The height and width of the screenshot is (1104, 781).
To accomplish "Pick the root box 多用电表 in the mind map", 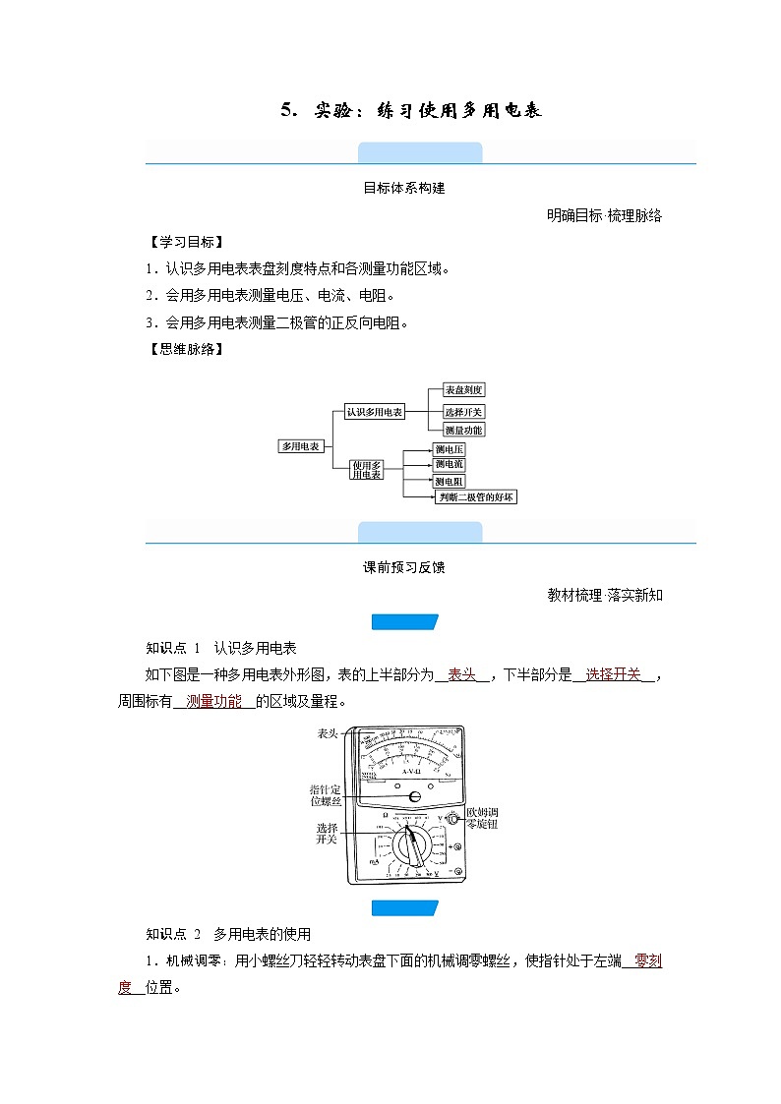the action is (x=301, y=445).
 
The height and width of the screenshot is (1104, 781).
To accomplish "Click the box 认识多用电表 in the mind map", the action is (x=375, y=412).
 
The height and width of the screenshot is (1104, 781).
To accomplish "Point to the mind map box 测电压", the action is (x=450, y=449).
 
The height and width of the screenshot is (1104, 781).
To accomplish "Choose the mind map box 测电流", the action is (x=450, y=465).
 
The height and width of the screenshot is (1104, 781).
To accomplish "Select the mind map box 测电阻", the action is (x=450, y=482).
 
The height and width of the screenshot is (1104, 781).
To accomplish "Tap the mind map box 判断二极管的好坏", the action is (x=477, y=497).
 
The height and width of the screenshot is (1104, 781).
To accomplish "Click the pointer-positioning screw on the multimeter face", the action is (x=415, y=797).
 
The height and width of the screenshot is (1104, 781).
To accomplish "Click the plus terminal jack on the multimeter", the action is (x=455, y=846).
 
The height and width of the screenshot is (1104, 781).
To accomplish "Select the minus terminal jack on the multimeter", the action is (x=455, y=872).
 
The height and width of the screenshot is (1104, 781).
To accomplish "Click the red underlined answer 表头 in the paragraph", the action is (x=462, y=674).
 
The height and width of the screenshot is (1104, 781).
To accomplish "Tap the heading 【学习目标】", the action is (x=184, y=242).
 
